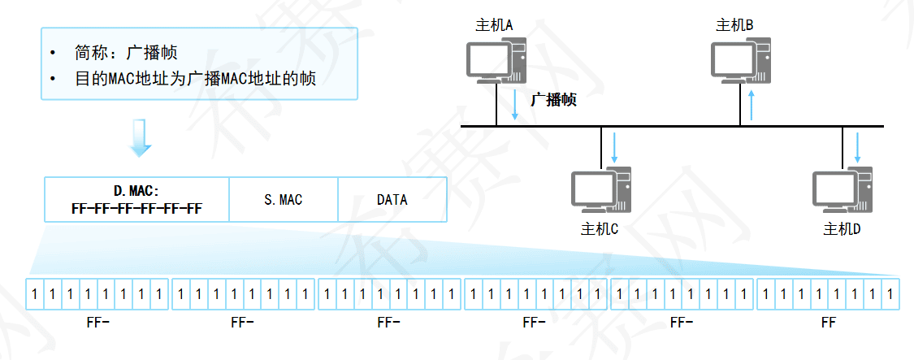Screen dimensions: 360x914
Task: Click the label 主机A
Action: point(494,26)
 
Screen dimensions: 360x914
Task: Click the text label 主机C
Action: point(600,228)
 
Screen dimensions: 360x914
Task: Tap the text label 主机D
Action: point(842,228)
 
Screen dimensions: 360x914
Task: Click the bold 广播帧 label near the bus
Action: point(553,100)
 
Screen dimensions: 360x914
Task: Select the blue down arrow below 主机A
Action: point(514,105)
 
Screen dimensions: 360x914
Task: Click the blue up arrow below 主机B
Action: point(752,105)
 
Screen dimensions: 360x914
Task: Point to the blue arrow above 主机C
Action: point(615,146)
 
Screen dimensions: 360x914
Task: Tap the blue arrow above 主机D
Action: point(856,146)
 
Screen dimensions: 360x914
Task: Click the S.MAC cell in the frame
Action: point(283,199)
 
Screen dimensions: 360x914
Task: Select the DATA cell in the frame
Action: point(392,199)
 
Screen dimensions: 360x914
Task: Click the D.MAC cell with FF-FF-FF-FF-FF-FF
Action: point(136,200)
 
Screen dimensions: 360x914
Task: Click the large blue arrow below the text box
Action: point(141,138)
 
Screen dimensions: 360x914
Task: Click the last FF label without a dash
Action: point(828,323)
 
